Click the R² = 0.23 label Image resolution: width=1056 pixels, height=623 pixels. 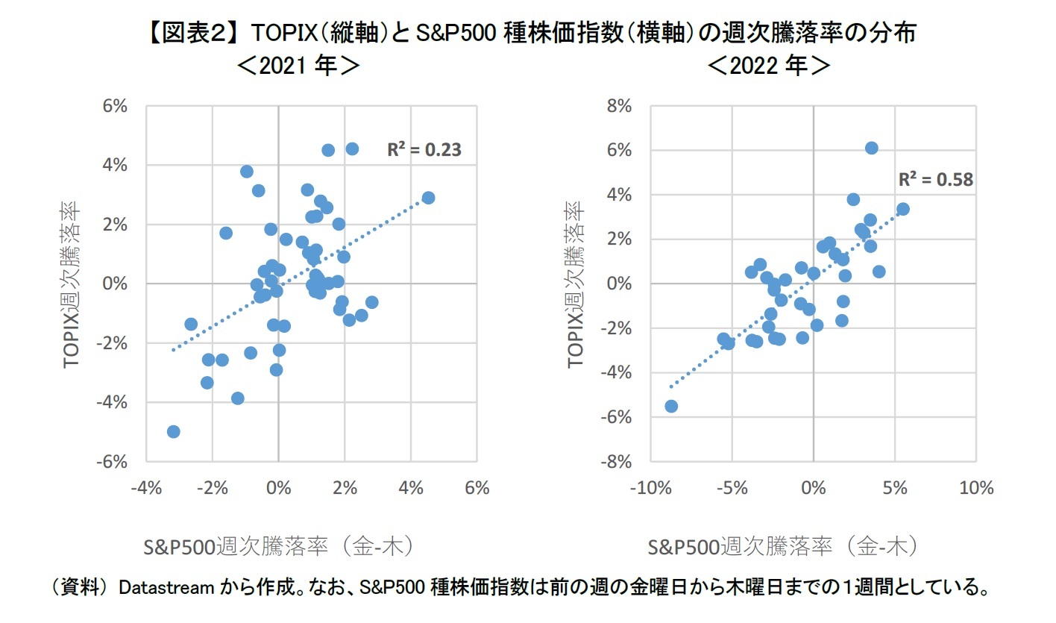click(424, 150)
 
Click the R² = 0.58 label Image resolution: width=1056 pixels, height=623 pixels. click(935, 180)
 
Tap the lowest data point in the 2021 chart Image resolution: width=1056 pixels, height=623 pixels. click(174, 431)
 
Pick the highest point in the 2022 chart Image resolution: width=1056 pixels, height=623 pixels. click(871, 148)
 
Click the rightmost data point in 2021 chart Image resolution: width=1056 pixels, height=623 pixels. click(428, 198)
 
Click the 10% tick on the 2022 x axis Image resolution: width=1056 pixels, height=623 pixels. click(976, 489)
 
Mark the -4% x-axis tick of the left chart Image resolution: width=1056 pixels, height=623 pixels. click(145, 489)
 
